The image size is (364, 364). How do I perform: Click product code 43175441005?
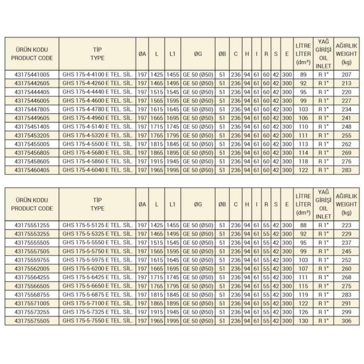(32, 75)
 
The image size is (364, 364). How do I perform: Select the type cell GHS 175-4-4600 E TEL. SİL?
(97, 100)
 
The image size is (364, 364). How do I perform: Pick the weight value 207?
(347, 75)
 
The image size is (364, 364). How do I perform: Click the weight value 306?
(347, 321)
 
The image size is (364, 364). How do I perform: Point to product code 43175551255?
(32, 225)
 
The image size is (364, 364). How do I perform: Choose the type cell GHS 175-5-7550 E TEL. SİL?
(97, 321)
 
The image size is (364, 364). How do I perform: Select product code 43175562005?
(32, 269)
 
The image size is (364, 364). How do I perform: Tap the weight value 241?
(347, 118)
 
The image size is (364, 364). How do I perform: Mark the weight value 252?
(347, 260)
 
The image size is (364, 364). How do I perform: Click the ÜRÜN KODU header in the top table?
(32, 54)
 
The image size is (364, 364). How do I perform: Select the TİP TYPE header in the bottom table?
(97, 205)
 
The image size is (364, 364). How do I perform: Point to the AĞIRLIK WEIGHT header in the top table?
(347, 54)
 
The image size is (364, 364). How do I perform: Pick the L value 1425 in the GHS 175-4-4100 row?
(157, 75)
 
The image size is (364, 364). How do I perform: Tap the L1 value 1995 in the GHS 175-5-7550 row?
(173, 321)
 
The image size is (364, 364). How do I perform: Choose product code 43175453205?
(32, 135)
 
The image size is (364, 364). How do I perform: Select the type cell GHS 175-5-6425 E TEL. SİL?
(97, 277)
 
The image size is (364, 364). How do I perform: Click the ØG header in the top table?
(198, 54)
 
